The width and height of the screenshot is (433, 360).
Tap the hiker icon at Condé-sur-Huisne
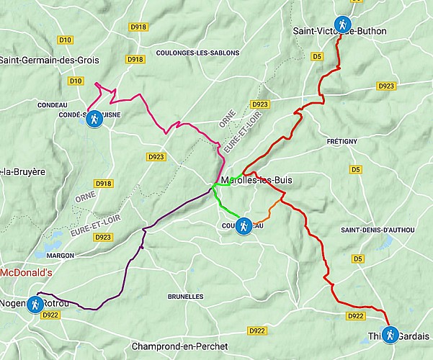click(94, 120)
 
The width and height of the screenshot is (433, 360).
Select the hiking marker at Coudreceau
click(244, 226)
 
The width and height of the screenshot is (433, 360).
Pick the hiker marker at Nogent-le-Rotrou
click(34, 305)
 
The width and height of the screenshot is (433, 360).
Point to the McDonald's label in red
click(27, 273)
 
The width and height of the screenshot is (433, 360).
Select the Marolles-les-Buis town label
click(256, 180)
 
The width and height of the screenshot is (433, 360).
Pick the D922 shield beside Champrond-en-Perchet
click(256, 330)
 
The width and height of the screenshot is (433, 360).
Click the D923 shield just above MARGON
click(104, 237)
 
